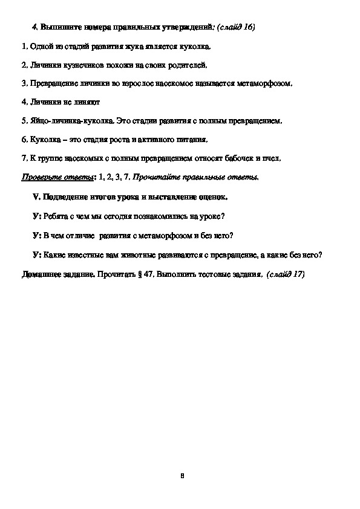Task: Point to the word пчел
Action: pyautogui.click(x=270, y=158)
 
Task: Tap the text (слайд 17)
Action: pyautogui.click(x=285, y=274)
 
